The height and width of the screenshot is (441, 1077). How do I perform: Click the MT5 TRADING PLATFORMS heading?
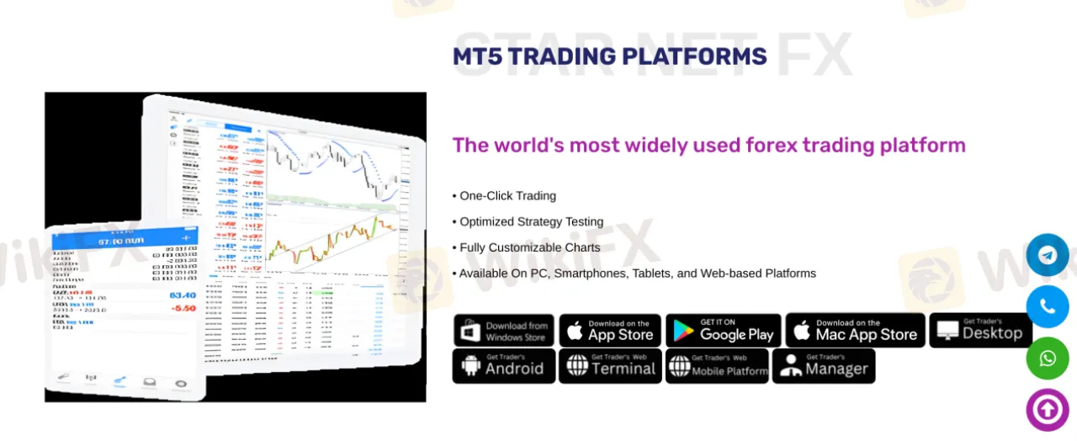(609, 56)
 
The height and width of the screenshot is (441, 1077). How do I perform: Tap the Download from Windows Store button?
(503, 331)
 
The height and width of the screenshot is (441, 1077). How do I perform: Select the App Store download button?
(610, 331)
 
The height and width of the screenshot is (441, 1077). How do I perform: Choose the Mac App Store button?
(855, 331)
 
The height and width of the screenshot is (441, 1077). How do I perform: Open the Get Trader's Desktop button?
(979, 331)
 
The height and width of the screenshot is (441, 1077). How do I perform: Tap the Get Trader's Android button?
(503, 366)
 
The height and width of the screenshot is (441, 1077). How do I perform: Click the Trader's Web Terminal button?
(610, 366)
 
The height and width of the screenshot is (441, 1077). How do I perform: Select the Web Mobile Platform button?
(717, 366)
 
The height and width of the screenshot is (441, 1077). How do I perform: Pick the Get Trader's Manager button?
(824, 366)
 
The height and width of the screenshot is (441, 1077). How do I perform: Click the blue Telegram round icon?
(1048, 255)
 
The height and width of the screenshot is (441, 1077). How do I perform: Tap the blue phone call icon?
(1048, 306)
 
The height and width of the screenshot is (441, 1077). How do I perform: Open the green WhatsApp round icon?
(1048, 359)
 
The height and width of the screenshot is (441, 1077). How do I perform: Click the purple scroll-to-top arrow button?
(1048, 410)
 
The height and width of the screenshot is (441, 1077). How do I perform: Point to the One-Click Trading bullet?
(507, 196)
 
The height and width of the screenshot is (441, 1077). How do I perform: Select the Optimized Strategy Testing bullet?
(531, 222)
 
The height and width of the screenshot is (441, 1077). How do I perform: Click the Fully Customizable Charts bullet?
(529, 247)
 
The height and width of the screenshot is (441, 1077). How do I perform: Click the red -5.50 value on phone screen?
(183, 309)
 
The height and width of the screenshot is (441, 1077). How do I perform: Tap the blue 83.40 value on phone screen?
(183, 295)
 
